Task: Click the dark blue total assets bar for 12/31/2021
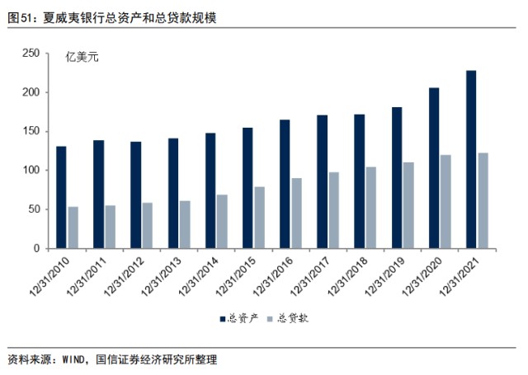click(x=471, y=159)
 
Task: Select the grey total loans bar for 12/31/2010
click(x=73, y=227)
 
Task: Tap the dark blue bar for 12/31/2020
click(x=434, y=168)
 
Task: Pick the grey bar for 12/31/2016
click(x=297, y=213)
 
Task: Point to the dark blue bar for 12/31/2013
click(x=173, y=194)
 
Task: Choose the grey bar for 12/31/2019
click(x=408, y=205)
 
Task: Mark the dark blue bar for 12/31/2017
click(x=322, y=182)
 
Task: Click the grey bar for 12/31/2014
click(x=222, y=222)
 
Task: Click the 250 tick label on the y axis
click(x=31, y=53)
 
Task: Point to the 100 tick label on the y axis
click(x=31, y=170)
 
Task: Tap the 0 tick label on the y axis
click(x=36, y=249)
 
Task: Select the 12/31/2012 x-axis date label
click(x=124, y=277)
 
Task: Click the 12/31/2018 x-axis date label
click(x=347, y=277)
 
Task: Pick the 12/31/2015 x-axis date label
click(x=235, y=277)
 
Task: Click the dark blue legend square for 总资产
click(x=223, y=319)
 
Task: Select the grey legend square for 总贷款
click(x=270, y=319)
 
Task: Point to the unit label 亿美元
click(x=82, y=58)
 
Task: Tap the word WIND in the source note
click(x=73, y=360)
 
